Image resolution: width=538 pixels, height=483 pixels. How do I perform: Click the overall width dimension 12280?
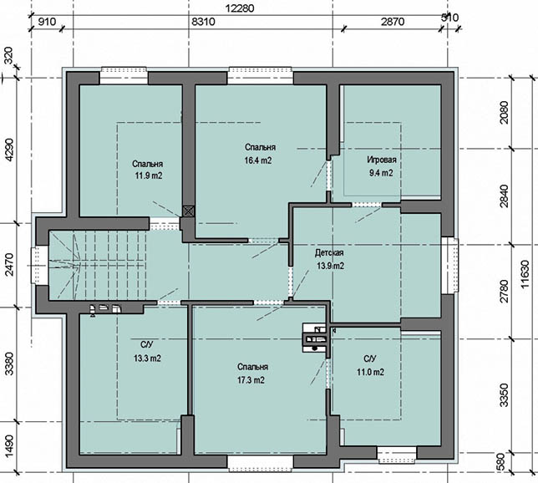pyautogui.click(x=240, y=8)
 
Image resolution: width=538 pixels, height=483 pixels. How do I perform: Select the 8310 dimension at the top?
pyautogui.click(x=203, y=22)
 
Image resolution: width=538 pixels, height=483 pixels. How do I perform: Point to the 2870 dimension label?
pyautogui.click(x=393, y=22)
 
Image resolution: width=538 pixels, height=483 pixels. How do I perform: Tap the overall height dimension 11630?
pyautogui.click(x=525, y=274)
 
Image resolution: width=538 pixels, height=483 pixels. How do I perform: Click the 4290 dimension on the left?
pyautogui.click(x=9, y=150)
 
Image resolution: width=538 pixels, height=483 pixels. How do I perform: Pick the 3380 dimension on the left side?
pyautogui.click(x=9, y=364)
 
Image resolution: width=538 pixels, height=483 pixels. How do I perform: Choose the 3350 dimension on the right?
pyautogui.click(x=504, y=395)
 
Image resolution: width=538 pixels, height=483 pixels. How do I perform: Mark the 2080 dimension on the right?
pyautogui.click(x=504, y=113)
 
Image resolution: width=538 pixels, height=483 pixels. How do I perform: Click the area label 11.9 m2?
pyautogui.click(x=149, y=175)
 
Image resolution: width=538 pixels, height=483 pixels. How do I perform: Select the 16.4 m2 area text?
pyautogui.click(x=258, y=160)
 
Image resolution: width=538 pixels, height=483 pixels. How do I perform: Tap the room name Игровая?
pyautogui.click(x=382, y=160)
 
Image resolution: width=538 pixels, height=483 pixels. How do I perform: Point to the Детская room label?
pyautogui.click(x=329, y=253)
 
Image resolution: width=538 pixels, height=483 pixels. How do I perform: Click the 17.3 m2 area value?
pyautogui.click(x=251, y=380)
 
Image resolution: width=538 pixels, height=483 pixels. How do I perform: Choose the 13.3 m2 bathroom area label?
pyautogui.click(x=147, y=358)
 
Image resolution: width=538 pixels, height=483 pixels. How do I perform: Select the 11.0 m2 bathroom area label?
pyautogui.click(x=370, y=372)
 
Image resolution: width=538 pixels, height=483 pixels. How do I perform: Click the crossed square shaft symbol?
pyautogui.click(x=188, y=211)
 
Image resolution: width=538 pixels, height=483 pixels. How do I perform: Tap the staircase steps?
pyautogui.click(x=98, y=265)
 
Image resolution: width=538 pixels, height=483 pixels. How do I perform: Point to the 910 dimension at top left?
pyautogui.click(x=46, y=22)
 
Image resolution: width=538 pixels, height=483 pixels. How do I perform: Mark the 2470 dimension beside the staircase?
pyautogui.click(x=9, y=264)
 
